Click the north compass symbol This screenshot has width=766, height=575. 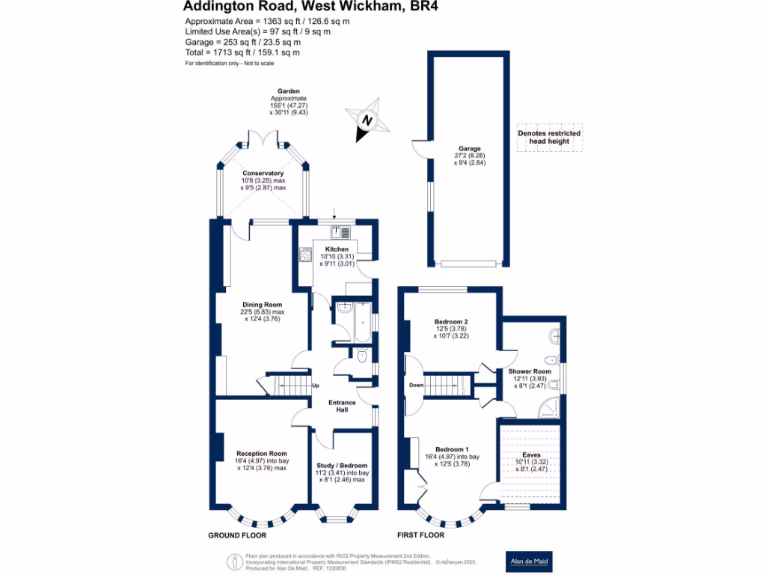[x=367, y=121]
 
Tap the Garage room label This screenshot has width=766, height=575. [x=470, y=149]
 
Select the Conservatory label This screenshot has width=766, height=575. [x=263, y=173]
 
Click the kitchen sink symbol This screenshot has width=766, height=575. [x=340, y=232]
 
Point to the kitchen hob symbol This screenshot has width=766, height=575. [x=305, y=255]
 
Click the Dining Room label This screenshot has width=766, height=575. [x=263, y=305]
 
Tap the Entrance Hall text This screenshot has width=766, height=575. [x=342, y=406]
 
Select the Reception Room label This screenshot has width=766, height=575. [x=262, y=453]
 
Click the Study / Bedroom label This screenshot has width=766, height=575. [x=342, y=466]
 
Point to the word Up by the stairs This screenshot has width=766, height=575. [x=316, y=386]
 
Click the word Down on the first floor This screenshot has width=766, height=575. [x=416, y=386]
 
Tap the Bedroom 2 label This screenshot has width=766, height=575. [x=451, y=322]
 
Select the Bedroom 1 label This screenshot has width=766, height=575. [x=452, y=449]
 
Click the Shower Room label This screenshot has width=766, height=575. [x=530, y=371]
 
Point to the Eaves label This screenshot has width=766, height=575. [x=532, y=454]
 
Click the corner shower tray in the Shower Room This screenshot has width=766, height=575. [x=548, y=407]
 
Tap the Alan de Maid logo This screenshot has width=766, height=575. [x=529, y=562]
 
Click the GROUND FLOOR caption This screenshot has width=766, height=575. [x=237, y=535]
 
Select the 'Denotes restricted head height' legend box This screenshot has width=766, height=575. [x=550, y=138]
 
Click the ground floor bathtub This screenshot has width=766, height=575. [x=363, y=322]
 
